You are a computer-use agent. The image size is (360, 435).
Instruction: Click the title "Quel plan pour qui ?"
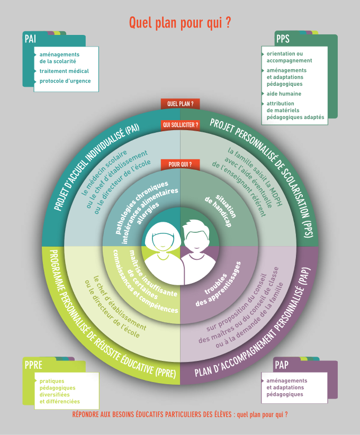coord(180,23)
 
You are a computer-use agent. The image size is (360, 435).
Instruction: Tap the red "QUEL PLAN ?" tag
coord(180,104)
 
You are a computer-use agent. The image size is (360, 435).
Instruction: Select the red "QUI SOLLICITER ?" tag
coord(181,125)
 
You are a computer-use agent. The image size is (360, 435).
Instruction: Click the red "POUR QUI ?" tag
coord(180,164)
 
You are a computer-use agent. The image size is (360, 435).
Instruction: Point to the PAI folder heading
coord(30,39)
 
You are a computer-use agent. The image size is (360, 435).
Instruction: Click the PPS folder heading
coord(282,39)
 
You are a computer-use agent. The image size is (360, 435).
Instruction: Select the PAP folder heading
coord(282,365)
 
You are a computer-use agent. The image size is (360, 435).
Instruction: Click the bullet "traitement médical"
coord(64,71)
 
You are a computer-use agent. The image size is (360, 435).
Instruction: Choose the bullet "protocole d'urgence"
coord(65,81)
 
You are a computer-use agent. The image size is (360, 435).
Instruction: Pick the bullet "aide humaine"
coord(284,94)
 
